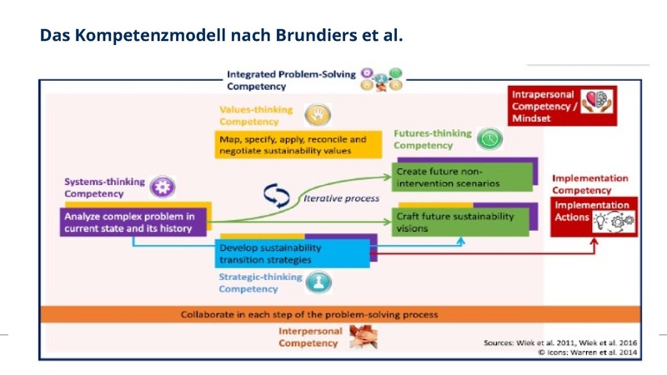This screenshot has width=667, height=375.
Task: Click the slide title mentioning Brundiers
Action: click(x=221, y=36)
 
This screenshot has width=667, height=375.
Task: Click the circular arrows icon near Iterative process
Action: click(x=276, y=194)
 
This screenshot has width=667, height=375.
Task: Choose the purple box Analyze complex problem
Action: click(x=132, y=222)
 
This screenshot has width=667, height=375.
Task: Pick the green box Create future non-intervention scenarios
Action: click(x=463, y=176)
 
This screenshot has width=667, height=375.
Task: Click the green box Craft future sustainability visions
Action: click(x=463, y=222)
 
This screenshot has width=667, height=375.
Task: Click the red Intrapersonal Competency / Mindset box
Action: click(x=563, y=106)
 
